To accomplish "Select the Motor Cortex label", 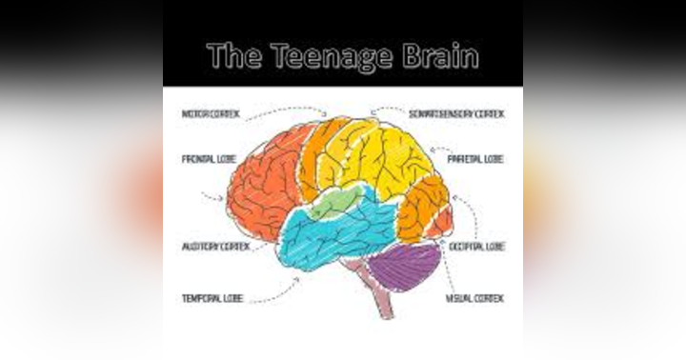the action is (x=211, y=115).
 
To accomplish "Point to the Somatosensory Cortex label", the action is (x=457, y=114).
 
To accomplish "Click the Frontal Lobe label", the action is (x=210, y=159).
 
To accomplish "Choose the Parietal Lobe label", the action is (x=475, y=159).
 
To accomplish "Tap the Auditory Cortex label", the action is (x=215, y=246).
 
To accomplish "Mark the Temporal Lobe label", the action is (x=212, y=298).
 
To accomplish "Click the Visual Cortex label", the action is (x=474, y=298).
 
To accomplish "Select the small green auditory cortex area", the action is (x=335, y=201).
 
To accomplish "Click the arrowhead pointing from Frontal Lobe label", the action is (x=220, y=199).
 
